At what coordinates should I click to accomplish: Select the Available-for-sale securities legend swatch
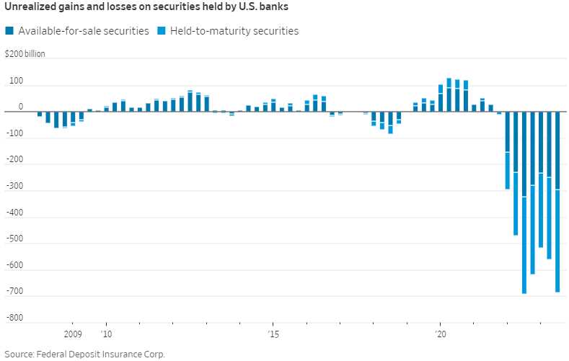click(9, 31)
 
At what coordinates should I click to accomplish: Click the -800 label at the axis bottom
click(14, 318)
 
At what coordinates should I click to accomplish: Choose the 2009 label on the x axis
click(73, 334)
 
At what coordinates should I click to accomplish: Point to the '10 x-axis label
click(106, 334)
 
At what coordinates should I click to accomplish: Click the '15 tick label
click(273, 334)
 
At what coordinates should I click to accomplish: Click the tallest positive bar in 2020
click(449, 95)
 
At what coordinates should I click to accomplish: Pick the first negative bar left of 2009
click(40, 114)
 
